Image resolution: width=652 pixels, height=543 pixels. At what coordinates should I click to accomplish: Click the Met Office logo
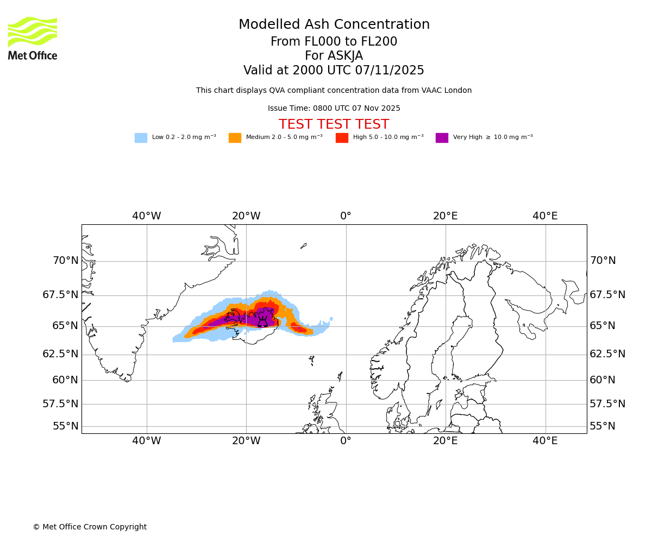33,38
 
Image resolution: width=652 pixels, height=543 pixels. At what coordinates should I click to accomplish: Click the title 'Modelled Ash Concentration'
334,25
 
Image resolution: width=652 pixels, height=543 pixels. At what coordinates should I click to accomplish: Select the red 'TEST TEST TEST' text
334,124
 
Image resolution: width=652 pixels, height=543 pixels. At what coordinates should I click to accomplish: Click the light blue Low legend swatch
141,138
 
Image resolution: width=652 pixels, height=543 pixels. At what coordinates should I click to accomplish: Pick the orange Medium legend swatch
235,138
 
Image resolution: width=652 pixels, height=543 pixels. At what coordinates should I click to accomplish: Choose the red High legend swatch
342,138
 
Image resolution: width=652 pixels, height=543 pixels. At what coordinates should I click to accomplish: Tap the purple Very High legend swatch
442,138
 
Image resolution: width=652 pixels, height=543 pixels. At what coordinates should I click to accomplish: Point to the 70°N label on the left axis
65,261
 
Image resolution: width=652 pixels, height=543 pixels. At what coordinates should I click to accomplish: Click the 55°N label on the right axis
603,426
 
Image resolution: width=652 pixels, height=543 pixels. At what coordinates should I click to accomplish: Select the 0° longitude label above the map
346,216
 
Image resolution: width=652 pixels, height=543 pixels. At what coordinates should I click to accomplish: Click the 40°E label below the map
545,441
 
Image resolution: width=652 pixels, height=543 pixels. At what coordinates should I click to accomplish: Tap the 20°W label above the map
246,216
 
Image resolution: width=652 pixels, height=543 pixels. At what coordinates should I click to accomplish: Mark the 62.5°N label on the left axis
60,354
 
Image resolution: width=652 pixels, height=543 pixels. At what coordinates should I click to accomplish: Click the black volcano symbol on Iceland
263,321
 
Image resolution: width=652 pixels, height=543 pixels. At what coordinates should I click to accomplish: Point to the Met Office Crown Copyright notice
90,527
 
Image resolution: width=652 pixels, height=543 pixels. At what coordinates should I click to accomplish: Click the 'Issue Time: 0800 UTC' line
334,109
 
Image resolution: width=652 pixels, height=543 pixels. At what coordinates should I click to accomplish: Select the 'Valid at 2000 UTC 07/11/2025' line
334,71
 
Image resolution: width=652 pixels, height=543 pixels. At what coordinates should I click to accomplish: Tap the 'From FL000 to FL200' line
334,42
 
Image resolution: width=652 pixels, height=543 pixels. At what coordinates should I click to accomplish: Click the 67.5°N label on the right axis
607,295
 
